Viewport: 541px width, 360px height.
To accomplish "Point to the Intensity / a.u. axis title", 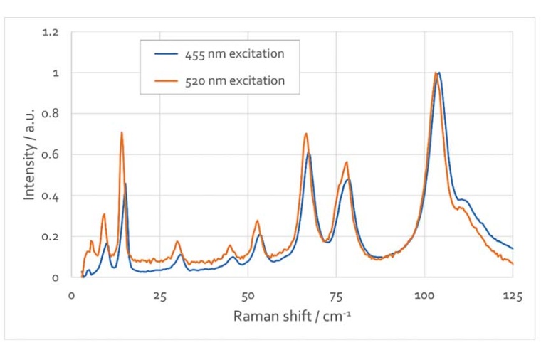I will [x=29, y=154].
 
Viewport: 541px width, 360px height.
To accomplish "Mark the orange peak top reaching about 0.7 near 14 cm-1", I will [x=122, y=132].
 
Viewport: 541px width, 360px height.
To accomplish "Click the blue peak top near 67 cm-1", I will [x=308, y=154].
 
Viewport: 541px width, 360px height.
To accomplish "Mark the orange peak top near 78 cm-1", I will [x=347, y=162].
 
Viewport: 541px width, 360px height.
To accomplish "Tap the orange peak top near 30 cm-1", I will [x=178, y=242].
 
